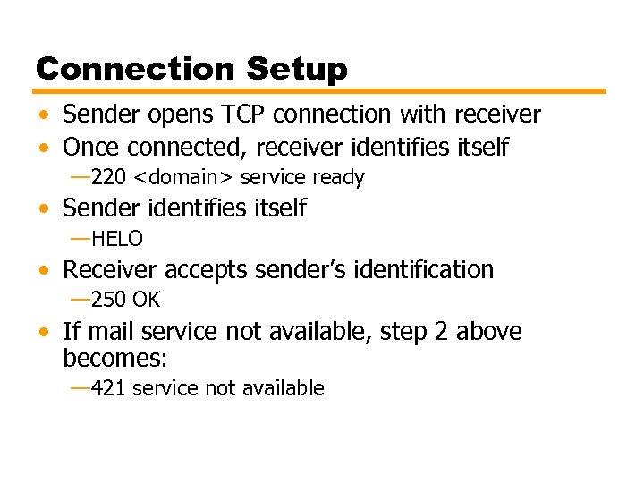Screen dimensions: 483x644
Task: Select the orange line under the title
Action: (x=320, y=90)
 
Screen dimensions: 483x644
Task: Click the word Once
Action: (x=90, y=147)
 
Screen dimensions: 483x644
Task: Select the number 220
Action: (x=108, y=178)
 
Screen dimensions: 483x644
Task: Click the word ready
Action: (x=338, y=178)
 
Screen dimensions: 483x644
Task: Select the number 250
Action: (x=108, y=300)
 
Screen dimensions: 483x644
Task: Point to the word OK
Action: (x=146, y=300)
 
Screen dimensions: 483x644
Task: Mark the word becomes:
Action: (x=115, y=359)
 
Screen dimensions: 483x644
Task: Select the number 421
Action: (x=108, y=388)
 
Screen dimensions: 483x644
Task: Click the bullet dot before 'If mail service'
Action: (x=44, y=332)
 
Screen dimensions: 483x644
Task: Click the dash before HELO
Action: (x=80, y=239)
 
